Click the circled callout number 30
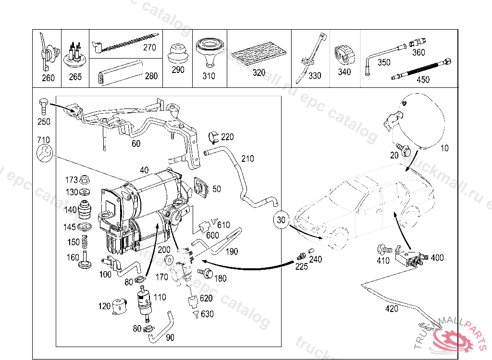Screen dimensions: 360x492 (281, 220)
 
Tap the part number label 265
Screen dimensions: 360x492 (75, 77)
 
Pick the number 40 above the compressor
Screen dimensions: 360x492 (144, 169)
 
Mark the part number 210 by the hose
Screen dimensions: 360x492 (247, 159)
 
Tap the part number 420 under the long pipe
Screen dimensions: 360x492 (392, 309)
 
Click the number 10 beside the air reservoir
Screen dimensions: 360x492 (444, 148)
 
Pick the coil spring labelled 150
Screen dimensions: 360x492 (85, 242)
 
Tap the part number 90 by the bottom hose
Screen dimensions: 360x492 (170, 337)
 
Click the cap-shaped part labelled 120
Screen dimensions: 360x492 (118, 306)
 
